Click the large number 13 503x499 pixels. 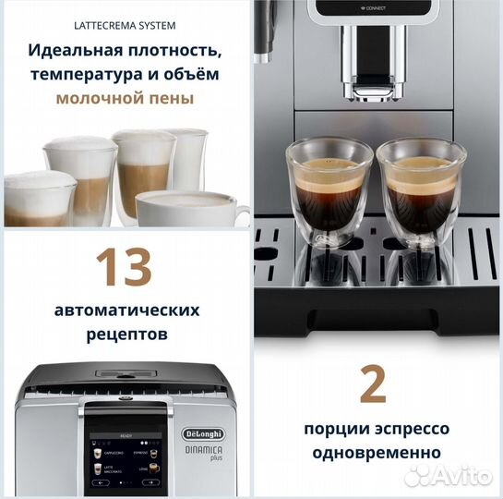pos(125,267)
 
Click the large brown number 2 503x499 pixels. pos(373,383)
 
